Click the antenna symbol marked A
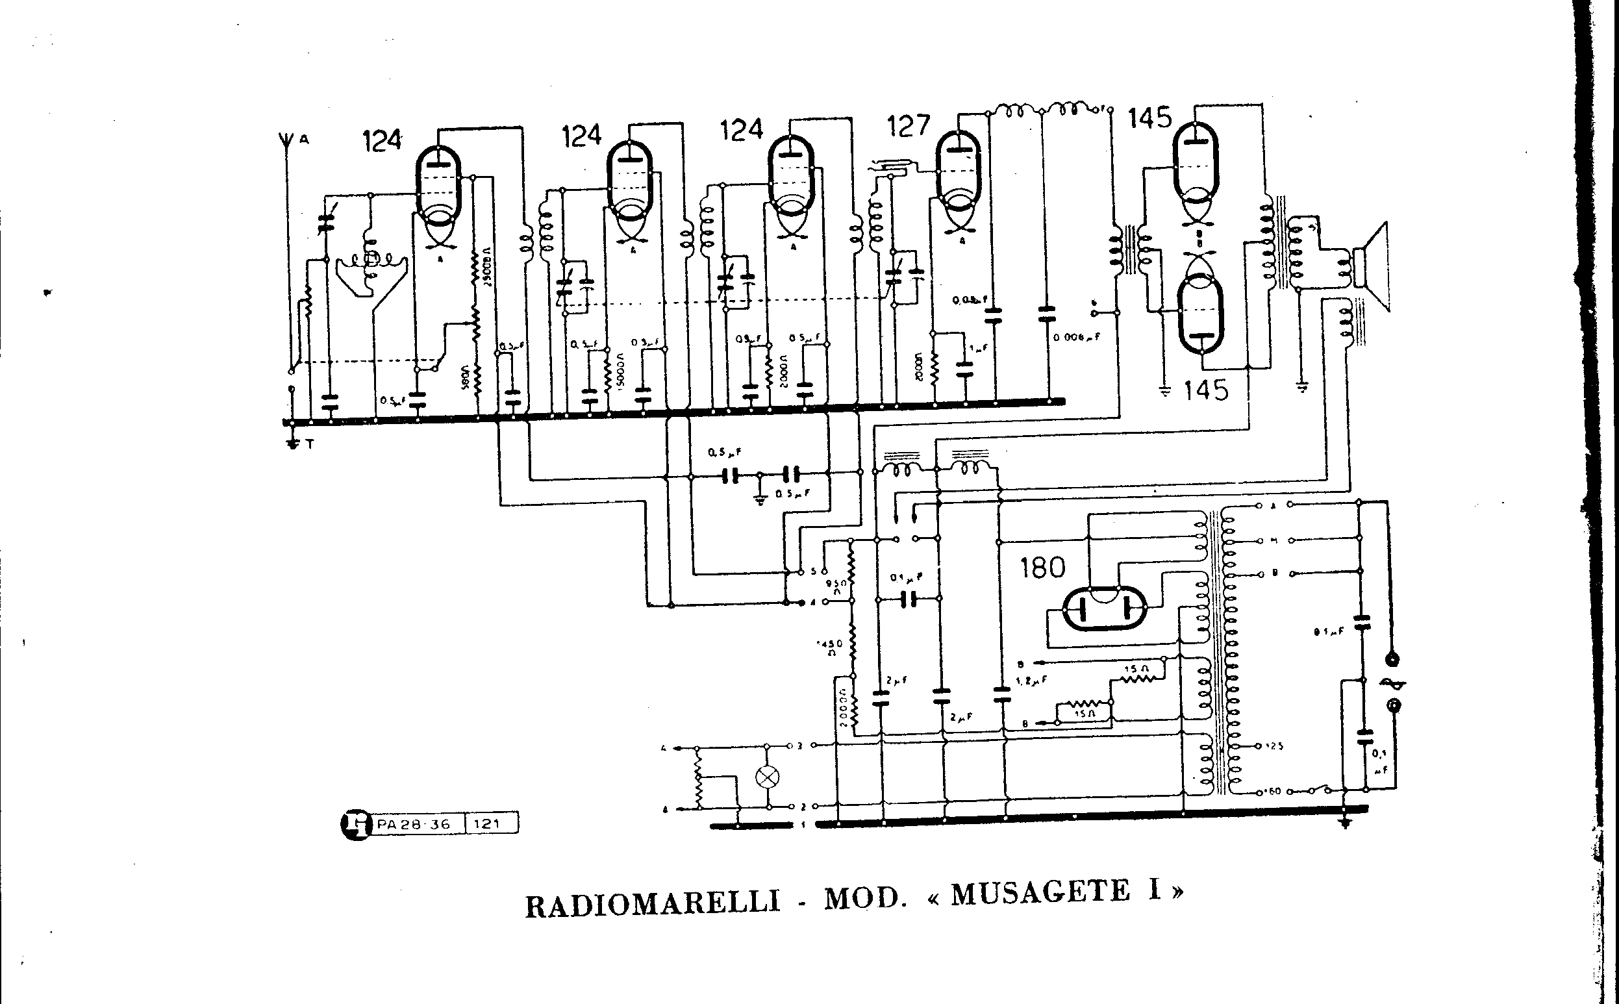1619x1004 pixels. [288, 142]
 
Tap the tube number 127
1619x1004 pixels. [909, 125]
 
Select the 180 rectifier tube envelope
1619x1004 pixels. [1103, 608]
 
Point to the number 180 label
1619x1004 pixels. [1042, 568]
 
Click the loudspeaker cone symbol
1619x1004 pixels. [1375, 266]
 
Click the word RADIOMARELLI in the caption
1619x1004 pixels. [653, 905]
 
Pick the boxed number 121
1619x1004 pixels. [488, 824]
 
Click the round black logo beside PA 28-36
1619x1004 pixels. [357, 825]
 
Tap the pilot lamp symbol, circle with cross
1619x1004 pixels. [768, 777]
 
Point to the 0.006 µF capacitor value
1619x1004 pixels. [1077, 337]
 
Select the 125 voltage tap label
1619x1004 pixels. [1274, 746]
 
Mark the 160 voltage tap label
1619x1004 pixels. [1272, 792]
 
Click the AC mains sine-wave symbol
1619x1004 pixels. [1392, 682]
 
